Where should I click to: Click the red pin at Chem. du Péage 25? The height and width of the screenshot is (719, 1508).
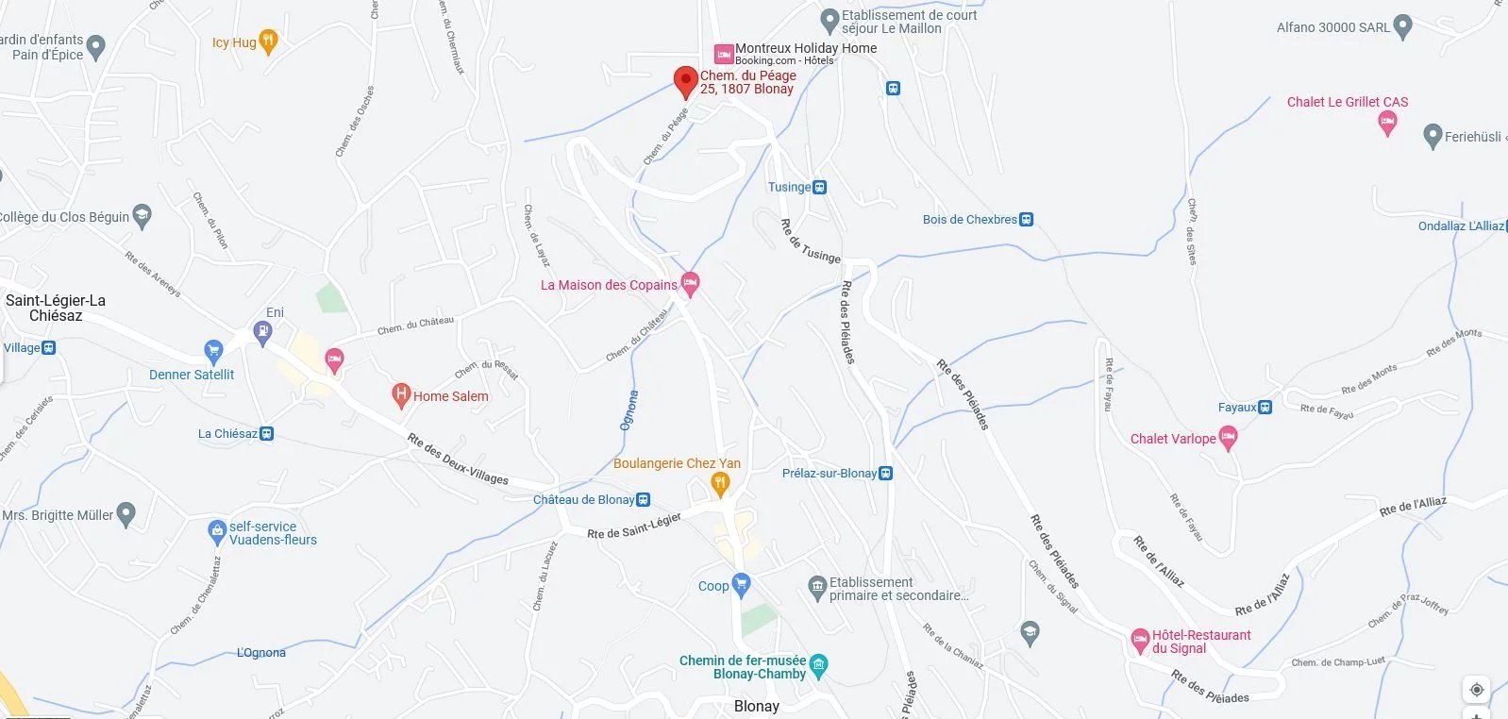click(685, 80)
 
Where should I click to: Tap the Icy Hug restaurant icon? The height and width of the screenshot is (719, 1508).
click(268, 42)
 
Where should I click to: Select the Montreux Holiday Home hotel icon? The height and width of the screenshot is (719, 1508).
click(724, 54)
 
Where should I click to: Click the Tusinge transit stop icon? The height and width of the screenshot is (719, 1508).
click(820, 188)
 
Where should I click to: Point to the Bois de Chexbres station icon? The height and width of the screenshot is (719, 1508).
click(1027, 220)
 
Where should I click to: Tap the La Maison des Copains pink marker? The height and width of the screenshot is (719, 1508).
click(690, 283)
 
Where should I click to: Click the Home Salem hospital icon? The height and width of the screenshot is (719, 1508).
click(401, 394)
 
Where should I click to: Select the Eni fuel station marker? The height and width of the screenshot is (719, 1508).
click(263, 331)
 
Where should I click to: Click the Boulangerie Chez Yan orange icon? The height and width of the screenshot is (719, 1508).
click(720, 484)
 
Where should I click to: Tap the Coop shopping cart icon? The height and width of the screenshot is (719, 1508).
click(741, 585)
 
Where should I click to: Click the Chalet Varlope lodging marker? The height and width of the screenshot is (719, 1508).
click(1228, 437)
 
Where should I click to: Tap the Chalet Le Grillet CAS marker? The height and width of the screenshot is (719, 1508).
click(1387, 122)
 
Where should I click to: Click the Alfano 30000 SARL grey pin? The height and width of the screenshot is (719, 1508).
click(1402, 26)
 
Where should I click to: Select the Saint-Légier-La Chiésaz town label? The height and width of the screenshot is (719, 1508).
click(56, 308)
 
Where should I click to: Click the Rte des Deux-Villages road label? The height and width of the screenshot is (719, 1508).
click(458, 459)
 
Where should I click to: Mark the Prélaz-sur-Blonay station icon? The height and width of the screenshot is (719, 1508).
click(885, 474)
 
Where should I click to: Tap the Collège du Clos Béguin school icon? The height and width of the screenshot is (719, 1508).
click(142, 216)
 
